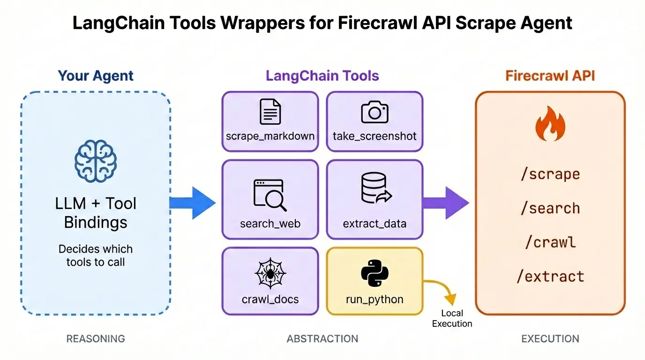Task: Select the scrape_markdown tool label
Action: click(270, 136)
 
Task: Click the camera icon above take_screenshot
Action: click(374, 112)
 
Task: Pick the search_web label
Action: click(270, 224)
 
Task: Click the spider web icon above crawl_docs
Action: click(270, 275)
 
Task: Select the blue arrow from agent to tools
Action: click(192, 202)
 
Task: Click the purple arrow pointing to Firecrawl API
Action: click(445, 202)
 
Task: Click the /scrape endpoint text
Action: click(550, 174)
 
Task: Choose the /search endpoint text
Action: click(550, 208)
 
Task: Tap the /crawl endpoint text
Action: click(550, 242)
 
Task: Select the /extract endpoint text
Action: click(550, 277)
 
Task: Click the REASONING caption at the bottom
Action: click(96, 338)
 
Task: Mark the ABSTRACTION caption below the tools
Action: click(322, 338)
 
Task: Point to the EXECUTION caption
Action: click(550, 338)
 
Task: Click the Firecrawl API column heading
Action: click(550, 76)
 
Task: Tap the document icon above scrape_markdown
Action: click(270, 112)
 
